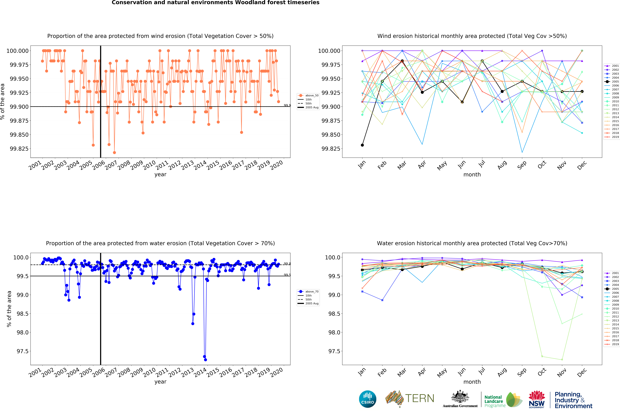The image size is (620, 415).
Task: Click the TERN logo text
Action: click(420, 398)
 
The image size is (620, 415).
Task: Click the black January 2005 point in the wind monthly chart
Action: click(362, 145)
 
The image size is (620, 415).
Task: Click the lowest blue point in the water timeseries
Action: click(206, 360)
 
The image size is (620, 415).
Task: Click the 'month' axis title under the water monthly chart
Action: click(472, 382)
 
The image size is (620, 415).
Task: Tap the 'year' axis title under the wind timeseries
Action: click(160, 174)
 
